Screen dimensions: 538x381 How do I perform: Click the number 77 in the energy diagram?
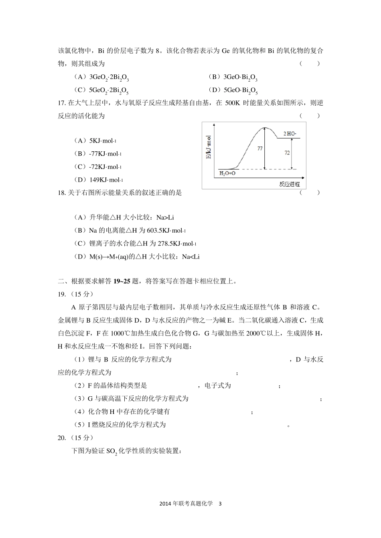click(260, 148)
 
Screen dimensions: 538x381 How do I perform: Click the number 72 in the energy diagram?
click(287, 153)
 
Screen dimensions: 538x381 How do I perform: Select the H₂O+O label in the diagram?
click(227, 173)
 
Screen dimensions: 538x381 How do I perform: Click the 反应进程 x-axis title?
click(292, 184)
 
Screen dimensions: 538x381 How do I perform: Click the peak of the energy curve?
click(264, 128)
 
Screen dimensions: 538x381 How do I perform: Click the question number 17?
click(62, 103)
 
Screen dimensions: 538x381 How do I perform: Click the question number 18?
click(62, 193)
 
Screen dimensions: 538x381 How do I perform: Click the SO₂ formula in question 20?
click(111, 451)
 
